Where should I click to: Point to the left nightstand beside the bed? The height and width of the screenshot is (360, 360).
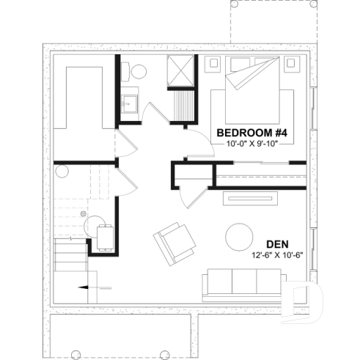pyautogui.click(x=216, y=64)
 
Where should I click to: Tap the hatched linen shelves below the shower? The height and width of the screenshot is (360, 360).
pyautogui.click(x=183, y=103)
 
